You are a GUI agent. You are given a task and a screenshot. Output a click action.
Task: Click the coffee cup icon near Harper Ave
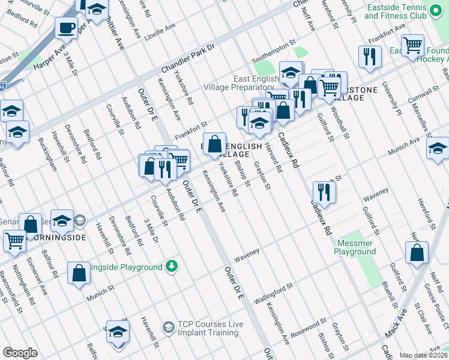[x=66, y=27]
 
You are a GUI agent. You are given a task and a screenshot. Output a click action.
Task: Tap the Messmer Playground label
[x=355, y=247]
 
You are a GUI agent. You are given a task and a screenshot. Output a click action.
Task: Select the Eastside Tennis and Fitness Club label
[x=396, y=10]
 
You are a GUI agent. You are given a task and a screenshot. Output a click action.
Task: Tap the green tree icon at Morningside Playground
[x=172, y=266]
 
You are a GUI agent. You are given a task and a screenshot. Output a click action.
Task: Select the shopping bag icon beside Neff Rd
[x=417, y=253]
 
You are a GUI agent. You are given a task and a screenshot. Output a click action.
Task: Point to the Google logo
[x=20, y=353]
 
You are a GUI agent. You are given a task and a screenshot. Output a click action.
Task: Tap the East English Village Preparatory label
[x=258, y=83]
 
